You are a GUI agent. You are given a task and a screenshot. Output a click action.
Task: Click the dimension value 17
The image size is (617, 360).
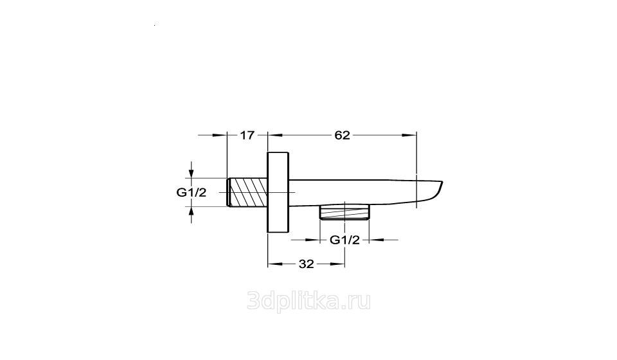point(247,136)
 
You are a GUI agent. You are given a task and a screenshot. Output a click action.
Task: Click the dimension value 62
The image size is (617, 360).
point(342,136)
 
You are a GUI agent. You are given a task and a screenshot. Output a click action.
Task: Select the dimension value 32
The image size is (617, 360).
point(306,264)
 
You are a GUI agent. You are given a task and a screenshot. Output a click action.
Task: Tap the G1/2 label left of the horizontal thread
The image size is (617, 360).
point(192,193)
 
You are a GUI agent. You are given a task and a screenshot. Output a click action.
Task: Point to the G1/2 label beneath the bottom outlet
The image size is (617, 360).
point(344,240)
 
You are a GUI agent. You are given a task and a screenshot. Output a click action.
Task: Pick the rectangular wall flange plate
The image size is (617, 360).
point(278,192)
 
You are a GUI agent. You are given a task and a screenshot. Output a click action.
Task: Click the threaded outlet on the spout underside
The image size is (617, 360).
point(344,212)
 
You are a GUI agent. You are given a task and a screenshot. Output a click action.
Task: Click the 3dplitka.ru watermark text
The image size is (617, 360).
point(309,302)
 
